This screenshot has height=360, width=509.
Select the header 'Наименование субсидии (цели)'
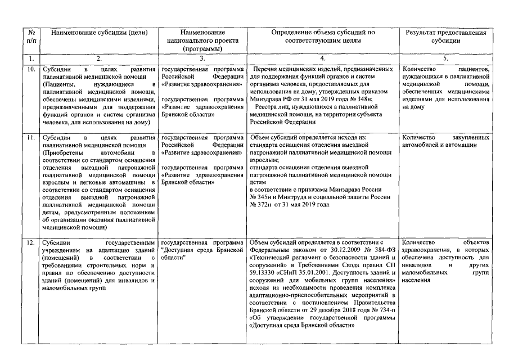pos(99,33)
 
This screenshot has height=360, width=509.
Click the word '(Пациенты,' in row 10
pos(57,84)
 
